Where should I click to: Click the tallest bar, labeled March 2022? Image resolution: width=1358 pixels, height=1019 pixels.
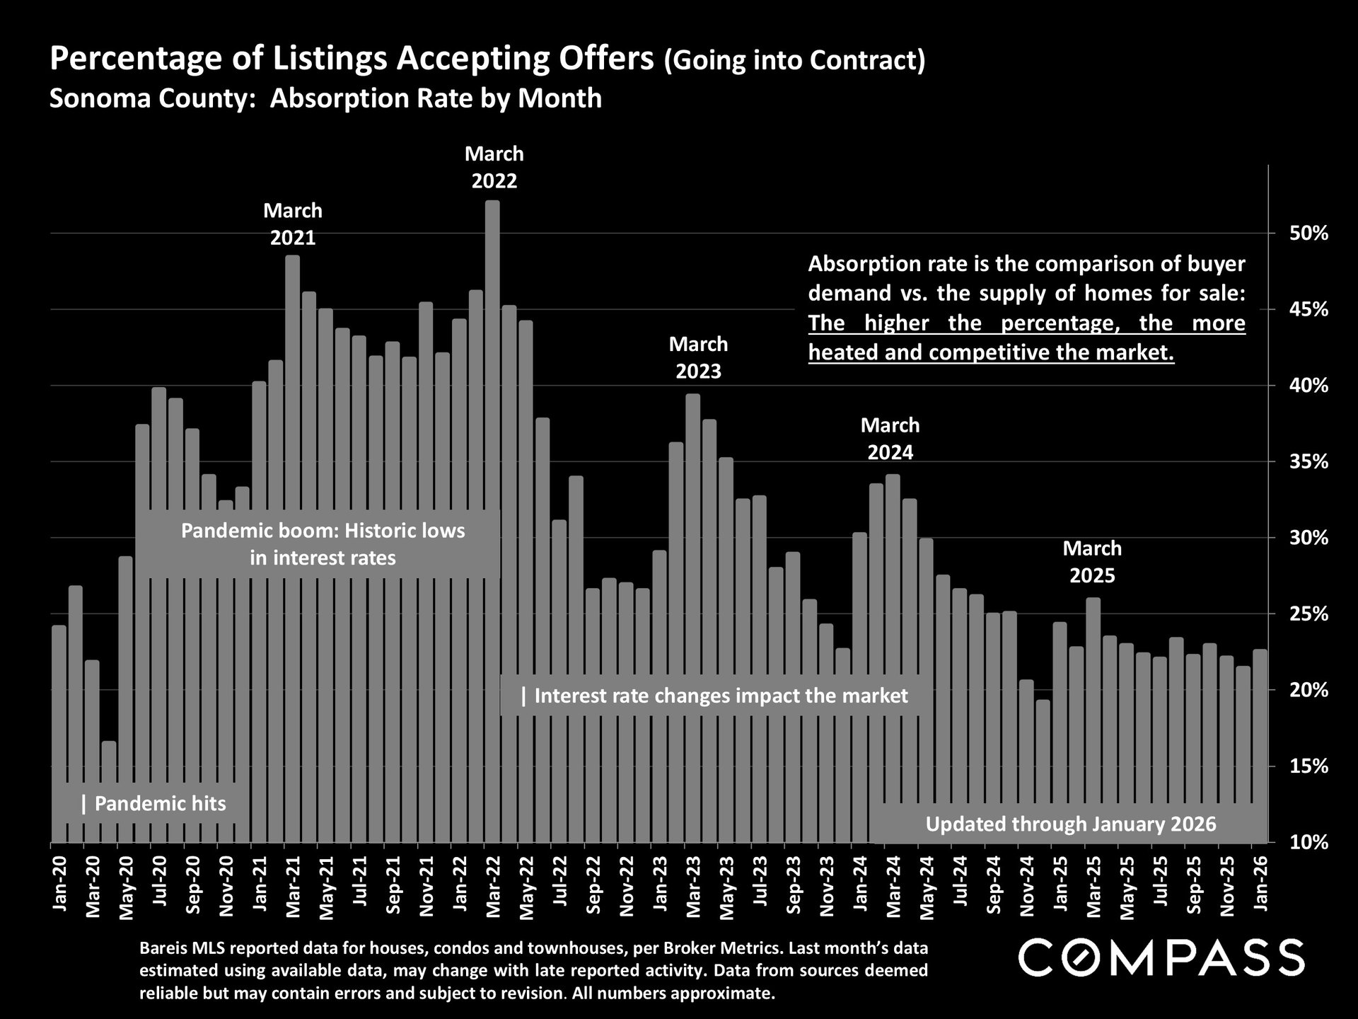point(492,425)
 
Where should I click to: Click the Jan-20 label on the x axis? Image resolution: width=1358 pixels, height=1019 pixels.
point(59,884)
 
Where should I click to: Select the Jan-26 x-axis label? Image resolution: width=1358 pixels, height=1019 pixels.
point(1260,884)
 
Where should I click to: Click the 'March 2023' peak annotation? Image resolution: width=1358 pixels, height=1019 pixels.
point(698,357)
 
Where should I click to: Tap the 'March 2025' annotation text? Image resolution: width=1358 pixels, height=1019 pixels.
point(1092,561)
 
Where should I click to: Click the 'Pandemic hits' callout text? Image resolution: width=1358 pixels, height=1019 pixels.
point(153,803)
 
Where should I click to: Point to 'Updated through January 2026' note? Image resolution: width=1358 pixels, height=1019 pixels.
point(1070,824)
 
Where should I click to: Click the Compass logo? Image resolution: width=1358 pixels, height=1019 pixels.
point(1161,957)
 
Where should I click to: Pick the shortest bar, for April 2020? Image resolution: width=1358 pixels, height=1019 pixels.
point(109,793)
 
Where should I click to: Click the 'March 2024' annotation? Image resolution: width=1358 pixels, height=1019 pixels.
point(890,438)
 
